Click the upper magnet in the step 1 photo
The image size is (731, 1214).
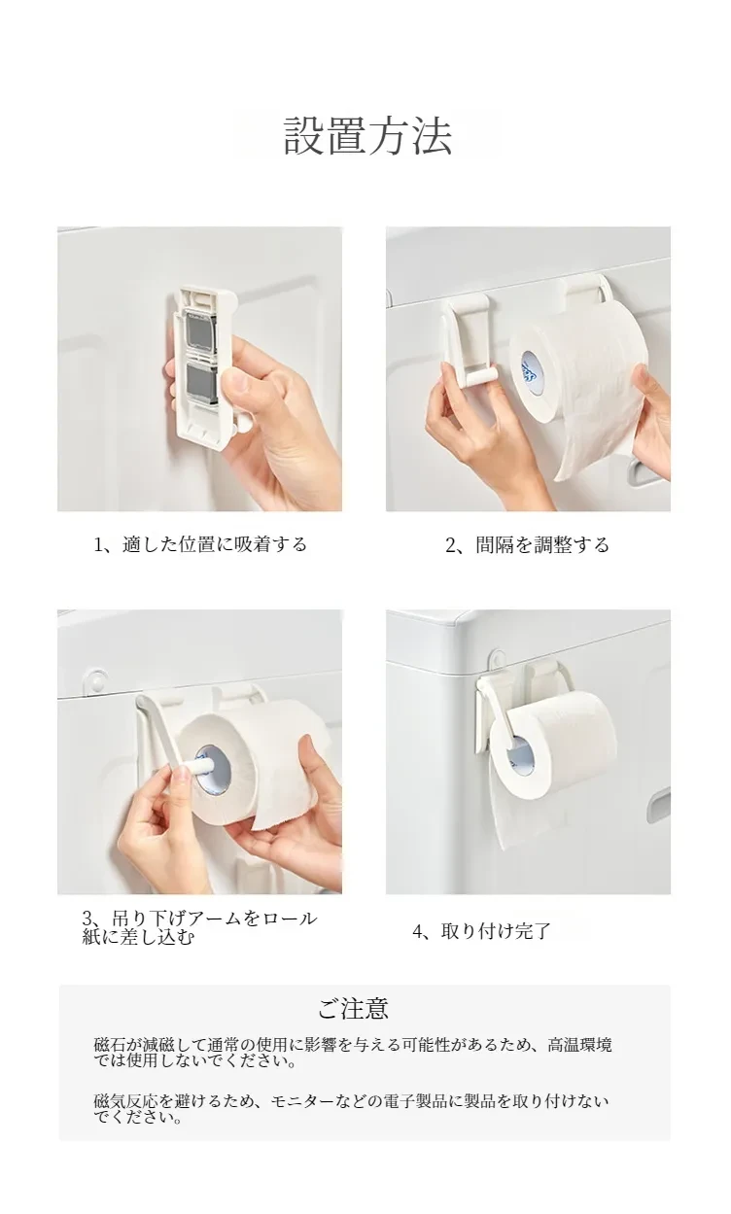201,328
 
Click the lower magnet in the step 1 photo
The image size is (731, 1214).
201,383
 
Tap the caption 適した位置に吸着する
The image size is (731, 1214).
215,543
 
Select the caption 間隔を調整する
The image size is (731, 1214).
542,544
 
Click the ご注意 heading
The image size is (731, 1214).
353,1008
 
